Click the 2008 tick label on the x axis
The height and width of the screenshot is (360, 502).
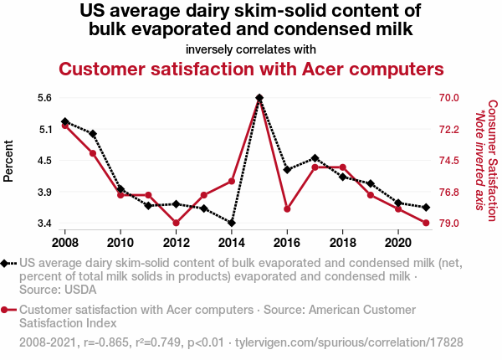click(x=65, y=243)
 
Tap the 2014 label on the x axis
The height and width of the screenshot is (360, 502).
click(x=232, y=243)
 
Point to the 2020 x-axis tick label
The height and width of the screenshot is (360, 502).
click(x=397, y=243)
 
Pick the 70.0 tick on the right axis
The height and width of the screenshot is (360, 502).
click(x=449, y=98)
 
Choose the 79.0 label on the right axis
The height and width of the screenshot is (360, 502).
click(x=449, y=224)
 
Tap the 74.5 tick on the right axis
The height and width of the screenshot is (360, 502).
click(x=449, y=161)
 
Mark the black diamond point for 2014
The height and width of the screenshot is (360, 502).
click(x=232, y=223)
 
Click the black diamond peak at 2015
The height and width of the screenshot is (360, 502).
click(x=259, y=98)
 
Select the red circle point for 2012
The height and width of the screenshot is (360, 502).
click(x=177, y=223)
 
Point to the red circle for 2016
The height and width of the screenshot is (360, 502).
click(x=287, y=208)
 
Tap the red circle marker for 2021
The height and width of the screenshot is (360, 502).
click(x=426, y=223)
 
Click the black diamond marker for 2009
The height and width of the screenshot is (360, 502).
click(x=93, y=134)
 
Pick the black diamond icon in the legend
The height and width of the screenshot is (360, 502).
click(x=8, y=263)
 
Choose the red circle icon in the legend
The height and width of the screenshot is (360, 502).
click(x=8, y=310)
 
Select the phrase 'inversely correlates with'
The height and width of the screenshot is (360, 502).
click(x=251, y=48)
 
